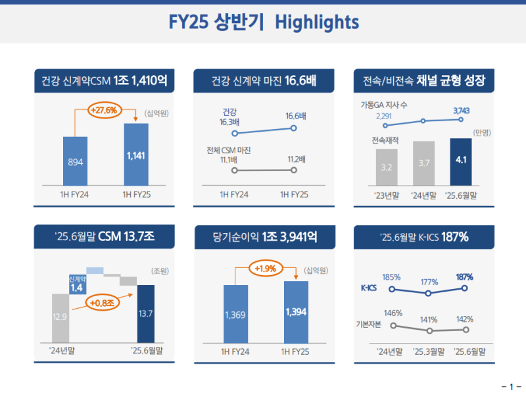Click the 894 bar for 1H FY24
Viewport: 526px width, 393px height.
click(76, 161)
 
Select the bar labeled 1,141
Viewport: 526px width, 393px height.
click(135, 155)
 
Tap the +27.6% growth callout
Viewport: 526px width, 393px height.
click(105, 110)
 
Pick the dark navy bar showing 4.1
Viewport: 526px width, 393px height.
click(461, 162)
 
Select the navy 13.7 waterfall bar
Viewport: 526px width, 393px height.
click(146, 313)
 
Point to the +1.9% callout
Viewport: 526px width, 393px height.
click(265, 269)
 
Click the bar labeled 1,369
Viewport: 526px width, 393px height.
click(235, 315)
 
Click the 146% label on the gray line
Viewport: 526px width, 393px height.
click(393, 313)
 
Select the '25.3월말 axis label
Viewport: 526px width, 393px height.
click(429, 351)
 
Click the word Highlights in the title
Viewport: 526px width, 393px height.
click(317, 22)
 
